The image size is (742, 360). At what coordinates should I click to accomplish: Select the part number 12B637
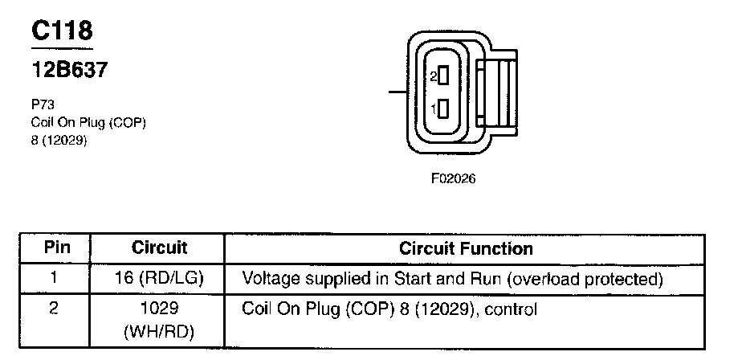pyautogui.click(x=69, y=70)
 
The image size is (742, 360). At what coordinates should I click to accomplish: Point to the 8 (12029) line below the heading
pyautogui.click(x=57, y=140)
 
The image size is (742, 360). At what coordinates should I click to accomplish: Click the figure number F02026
pyautogui.click(x=453, y=178)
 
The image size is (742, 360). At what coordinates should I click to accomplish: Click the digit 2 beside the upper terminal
pyautogui.click(x=432, y=77)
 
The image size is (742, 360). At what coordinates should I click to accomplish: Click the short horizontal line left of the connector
pyautogui.click(x=397, y=92)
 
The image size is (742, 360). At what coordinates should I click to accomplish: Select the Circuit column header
pyautogui.click(x=159, y=247)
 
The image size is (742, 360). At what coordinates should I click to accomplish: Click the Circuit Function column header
pyautogui.click(x=466, y=248)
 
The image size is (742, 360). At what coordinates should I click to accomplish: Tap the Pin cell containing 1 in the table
pyautogui.click(x=54, y=279)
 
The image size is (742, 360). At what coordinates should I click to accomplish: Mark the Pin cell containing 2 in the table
pyautogui.click(x=54, y=308)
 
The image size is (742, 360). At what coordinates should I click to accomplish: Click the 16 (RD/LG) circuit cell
pyautogui.click(x=159, y=279)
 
